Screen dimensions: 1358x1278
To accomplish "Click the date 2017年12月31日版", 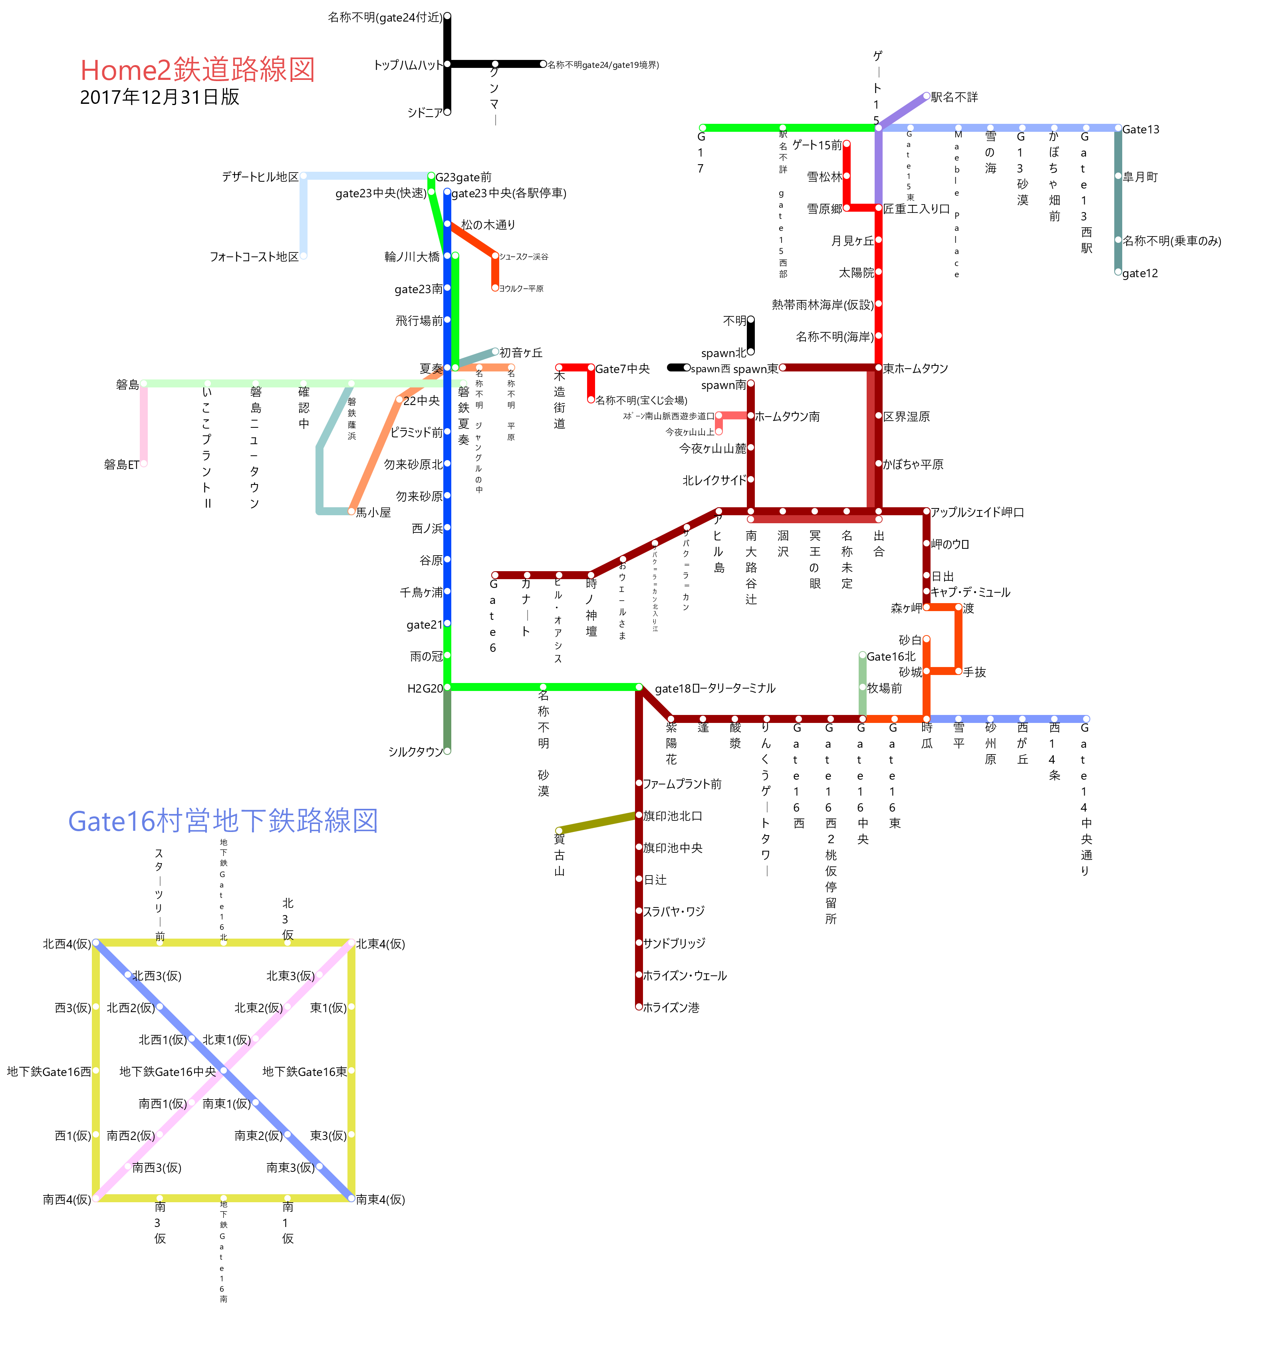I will (159, 97).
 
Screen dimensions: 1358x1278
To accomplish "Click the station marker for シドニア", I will (447, 112).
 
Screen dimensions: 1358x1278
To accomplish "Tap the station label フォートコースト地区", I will (254, 257).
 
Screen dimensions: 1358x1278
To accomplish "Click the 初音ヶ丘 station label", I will (521, 352).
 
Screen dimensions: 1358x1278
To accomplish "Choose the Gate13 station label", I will (1141, 129).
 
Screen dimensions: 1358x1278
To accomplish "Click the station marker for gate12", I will (1118, 272).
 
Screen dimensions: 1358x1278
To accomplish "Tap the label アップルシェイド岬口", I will (977, 512).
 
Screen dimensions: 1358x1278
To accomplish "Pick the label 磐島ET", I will (121, 465).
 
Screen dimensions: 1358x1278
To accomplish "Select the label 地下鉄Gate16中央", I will (167, 1071).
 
